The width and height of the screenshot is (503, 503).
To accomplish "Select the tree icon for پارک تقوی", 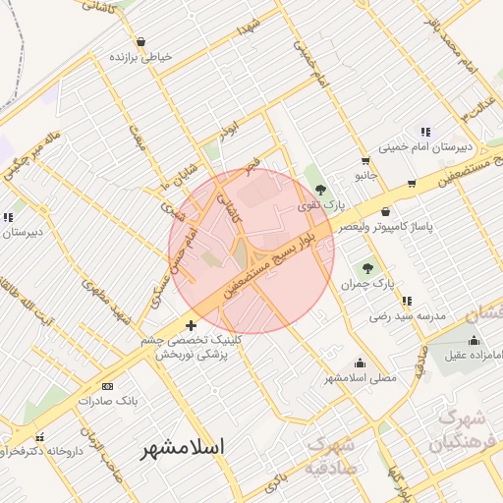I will [x=321, y=188].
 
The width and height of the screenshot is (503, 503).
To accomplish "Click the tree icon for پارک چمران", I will [x=368, y=267].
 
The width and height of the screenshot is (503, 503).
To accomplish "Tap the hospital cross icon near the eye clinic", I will [x=191, y=325].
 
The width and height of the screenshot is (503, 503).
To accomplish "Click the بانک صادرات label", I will [x=114, y=401].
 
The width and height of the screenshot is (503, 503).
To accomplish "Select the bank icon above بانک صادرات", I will [x=107, y=386].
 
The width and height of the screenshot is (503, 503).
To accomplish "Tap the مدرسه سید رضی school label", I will [x=408, y=316].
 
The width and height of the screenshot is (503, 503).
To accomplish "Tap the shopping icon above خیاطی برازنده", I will [x=141, y=42].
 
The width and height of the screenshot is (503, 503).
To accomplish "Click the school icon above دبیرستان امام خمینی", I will [x=424, y=132].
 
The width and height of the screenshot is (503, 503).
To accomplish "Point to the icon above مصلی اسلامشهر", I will [x=360, y=363].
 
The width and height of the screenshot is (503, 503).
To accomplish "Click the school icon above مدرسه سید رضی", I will [x=407, y=301].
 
